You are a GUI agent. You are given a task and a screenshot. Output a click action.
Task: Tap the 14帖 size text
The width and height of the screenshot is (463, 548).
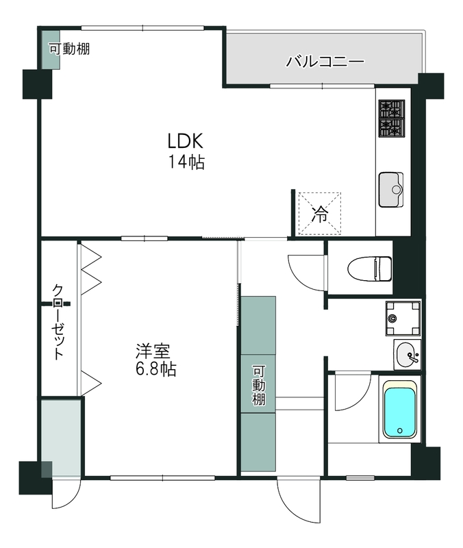(186, 162)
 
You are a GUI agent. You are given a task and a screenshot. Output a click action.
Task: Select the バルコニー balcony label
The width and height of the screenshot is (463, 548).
(324, 62)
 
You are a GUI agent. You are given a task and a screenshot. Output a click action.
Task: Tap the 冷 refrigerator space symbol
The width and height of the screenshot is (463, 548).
(319, 213)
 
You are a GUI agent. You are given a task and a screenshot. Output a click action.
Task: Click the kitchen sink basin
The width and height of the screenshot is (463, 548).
(391, 189)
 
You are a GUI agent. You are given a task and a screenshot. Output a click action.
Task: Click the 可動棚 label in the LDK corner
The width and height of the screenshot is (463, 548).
(69, 49)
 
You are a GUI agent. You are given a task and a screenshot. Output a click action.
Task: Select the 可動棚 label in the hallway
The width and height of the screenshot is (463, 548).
(258, 384)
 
